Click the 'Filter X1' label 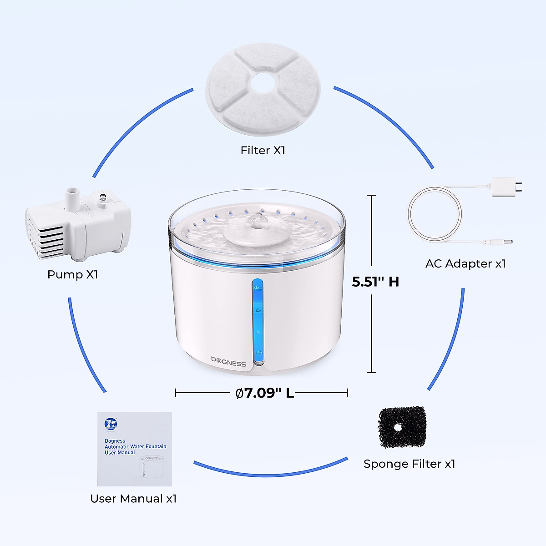263,150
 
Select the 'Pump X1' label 73,274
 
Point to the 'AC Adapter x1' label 465,263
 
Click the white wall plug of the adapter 503,187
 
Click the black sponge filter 402,427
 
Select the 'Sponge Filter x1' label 409,464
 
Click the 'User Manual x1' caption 133,499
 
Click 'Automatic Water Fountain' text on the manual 136,447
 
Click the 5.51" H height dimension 375,282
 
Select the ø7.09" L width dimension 265,393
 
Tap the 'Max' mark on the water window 258,288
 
